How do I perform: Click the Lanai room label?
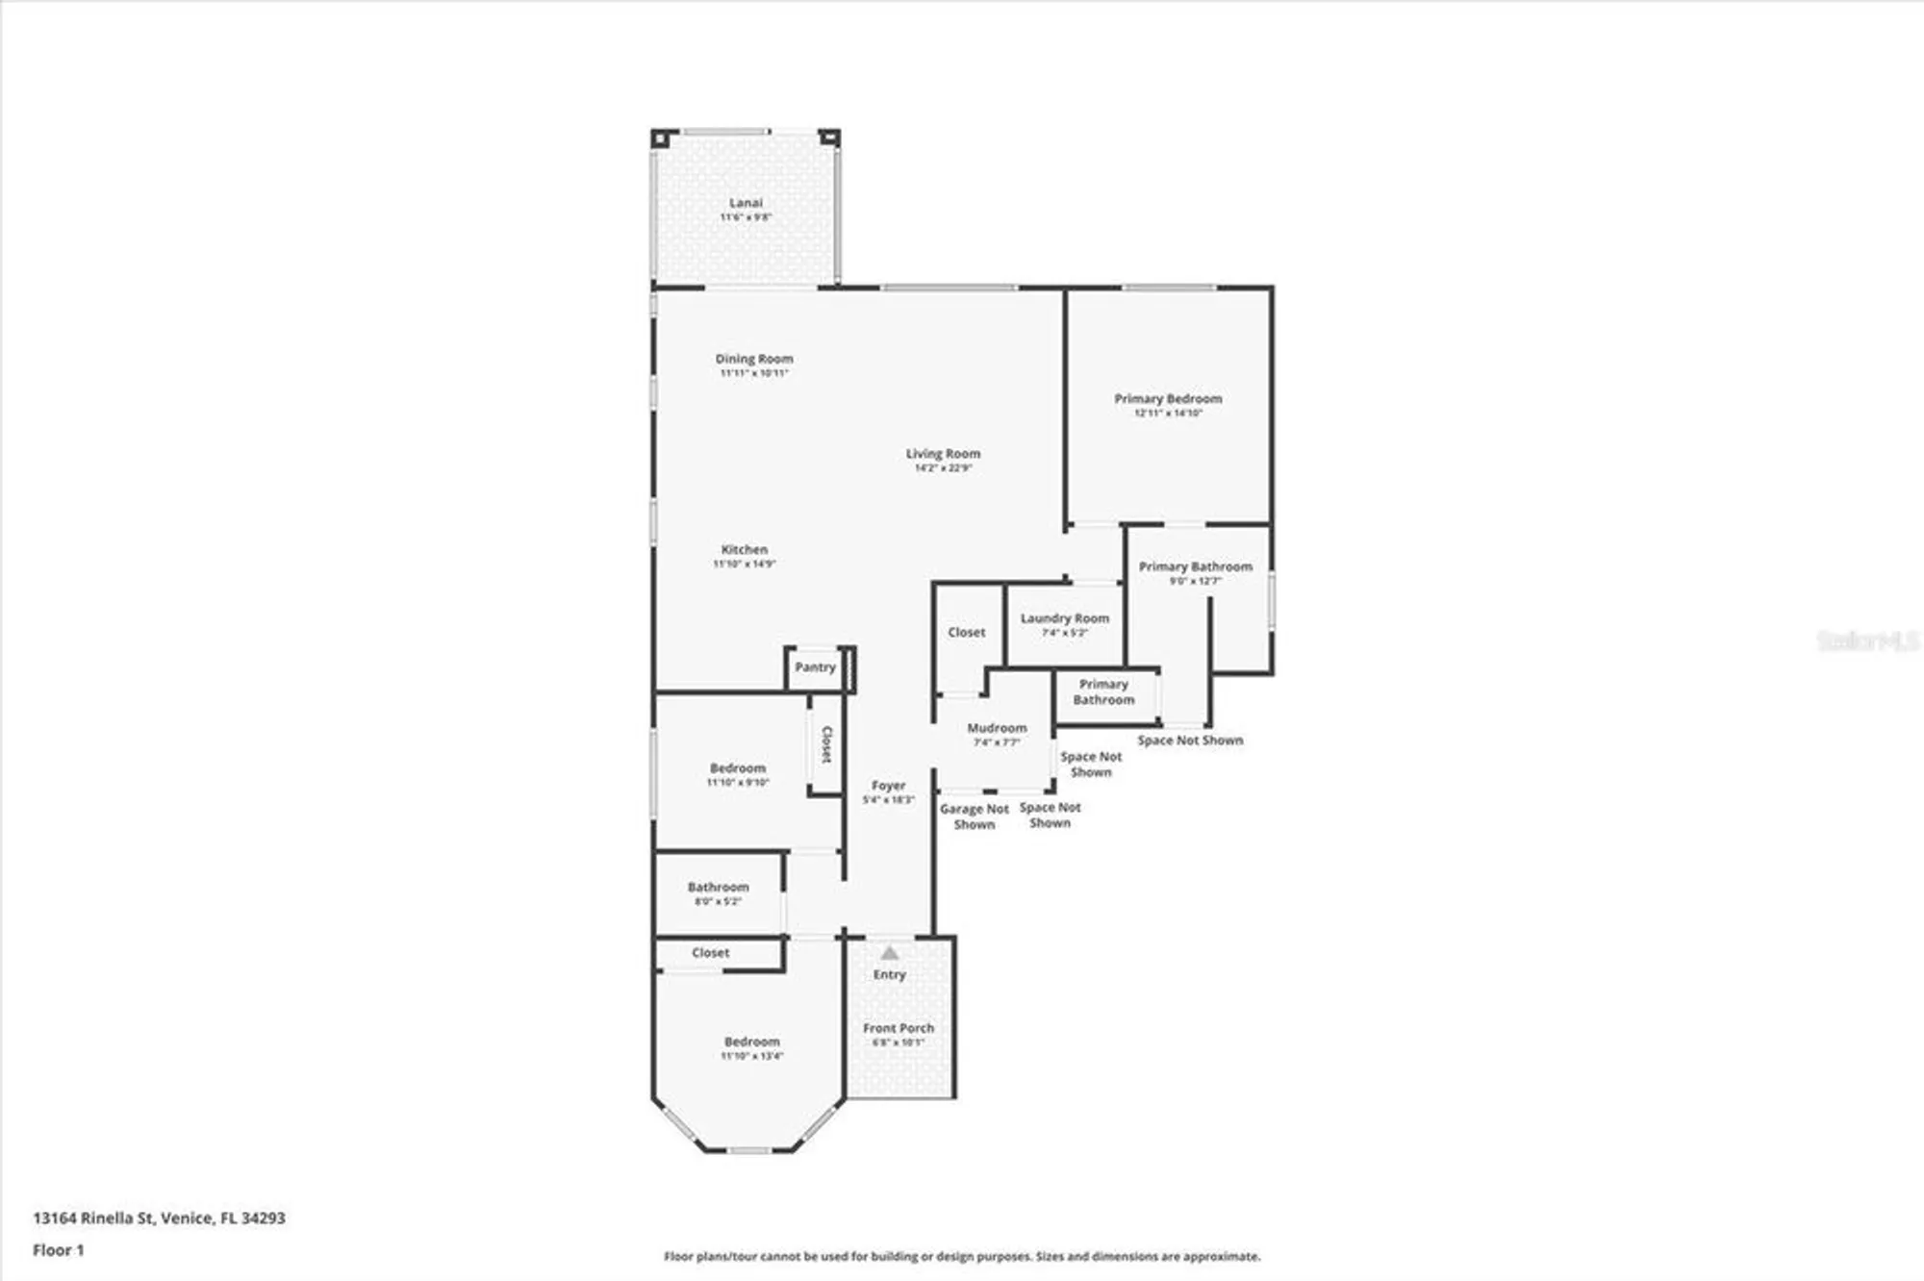click(x=746, y=203)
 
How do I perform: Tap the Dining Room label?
click(x=753, y=359)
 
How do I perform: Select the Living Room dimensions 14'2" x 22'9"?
click(x=943, y=468)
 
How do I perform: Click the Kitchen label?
click(x=744, y=549)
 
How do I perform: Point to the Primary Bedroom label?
click(x=1168, y=398)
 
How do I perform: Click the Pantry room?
click(x=815, y=667)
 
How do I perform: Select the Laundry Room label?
click(x=1064, y=618)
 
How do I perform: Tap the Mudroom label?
click(x=997, y=728)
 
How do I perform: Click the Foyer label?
click(x=888, y=786)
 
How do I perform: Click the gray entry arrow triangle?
click(x=890, y=953)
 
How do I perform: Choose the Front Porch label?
click(x=898, y=1028)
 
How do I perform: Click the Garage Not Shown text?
click(x=974, y=816)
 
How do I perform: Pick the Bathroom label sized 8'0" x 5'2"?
click(x=718, y=887)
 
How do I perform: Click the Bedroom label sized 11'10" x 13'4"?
click(x=751, y=1042)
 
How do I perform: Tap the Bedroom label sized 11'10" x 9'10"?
click(x=738, y=768)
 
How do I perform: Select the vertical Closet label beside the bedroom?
click(x=826, y=744)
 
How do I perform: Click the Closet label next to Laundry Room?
click(x=966, y=632)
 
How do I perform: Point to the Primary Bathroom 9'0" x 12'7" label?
click(x=1195, y=567)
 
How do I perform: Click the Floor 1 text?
click(x=58, y=1250)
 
